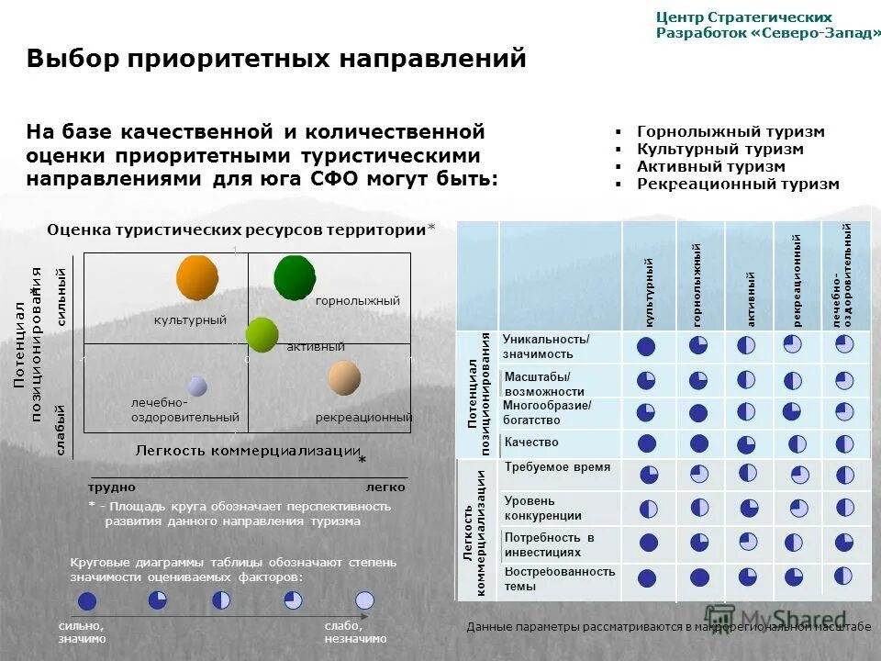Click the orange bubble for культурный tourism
coord(197,277)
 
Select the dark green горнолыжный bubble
coord(295,277)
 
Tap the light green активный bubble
coord(262,334)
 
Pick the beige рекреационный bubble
coord(344,377)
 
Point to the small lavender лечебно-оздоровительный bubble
coord(197,386)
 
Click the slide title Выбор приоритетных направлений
coord(276,59)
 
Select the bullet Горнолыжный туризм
coord(730,131)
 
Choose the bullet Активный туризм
coord(711,166)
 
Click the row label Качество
coord(530,443)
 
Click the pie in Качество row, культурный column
coord(647,443)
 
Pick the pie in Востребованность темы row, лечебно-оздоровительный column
coord(843,576)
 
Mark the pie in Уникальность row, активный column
coord(746,344)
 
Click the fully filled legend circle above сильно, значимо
coord(87,601)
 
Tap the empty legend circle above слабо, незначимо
coord(364,600)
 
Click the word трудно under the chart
coord(112,487)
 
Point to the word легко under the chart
coord(385,487)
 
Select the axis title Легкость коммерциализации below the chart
coord(248,450)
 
